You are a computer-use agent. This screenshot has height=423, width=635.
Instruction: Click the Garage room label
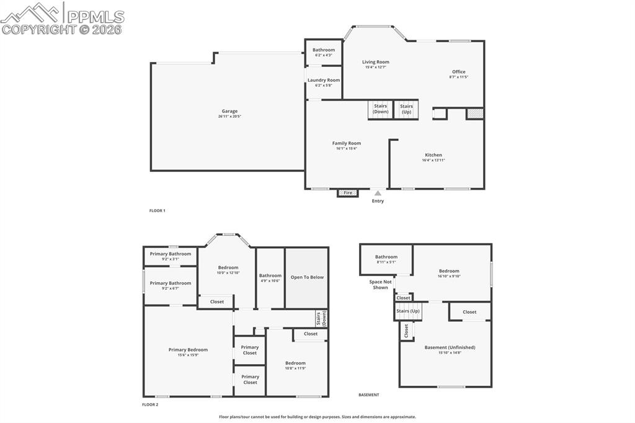[229, 112]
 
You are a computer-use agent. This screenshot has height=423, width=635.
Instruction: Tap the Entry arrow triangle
[378, 194]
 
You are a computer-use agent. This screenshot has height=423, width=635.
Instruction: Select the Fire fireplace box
[348, 193]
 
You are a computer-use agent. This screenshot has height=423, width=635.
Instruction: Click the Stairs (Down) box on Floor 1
[381, 109]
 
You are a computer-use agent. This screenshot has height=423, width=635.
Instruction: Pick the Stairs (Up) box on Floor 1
[406, 109]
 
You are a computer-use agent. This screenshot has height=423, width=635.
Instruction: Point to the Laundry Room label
[324, 80]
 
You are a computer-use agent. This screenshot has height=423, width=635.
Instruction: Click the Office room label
[458, 72]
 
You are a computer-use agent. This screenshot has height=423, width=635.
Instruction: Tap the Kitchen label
[433, 155]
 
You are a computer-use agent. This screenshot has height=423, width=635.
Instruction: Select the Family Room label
[346, 143]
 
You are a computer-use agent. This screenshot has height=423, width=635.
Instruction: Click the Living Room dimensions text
[376, 67]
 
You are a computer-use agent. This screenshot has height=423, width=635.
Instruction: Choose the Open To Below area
[307, 277]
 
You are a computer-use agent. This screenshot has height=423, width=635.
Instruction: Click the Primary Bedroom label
[188, 350]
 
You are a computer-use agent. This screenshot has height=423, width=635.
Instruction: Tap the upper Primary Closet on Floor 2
[250, 350]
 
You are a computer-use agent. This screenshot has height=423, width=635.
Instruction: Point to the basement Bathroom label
[386, 257]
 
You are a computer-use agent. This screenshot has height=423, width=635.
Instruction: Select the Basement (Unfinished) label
[450, 347]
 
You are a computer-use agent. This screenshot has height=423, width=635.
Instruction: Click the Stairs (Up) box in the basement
[407, 311]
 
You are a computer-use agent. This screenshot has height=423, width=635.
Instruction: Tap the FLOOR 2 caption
[150, 404]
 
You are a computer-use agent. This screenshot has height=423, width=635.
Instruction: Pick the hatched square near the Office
[474, 114]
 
